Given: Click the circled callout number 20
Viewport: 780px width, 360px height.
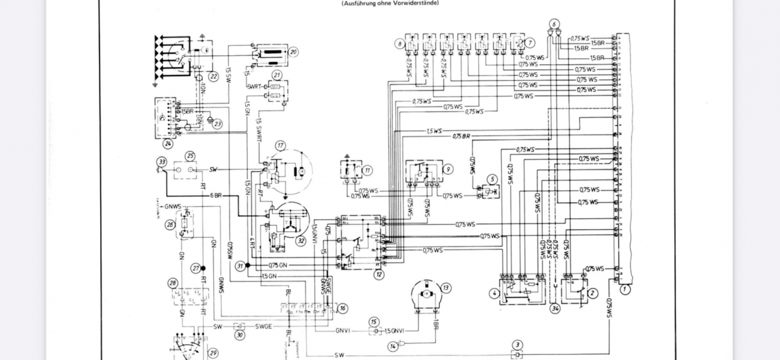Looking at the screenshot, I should (x=293, y=51).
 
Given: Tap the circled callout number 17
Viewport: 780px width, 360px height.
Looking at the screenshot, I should (x=280, y=144).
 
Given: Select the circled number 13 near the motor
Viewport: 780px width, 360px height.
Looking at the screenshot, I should (x=445, y=287).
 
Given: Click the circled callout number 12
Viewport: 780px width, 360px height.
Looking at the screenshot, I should (x=378, y=274).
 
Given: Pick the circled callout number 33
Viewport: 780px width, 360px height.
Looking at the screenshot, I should (x=161, y=161).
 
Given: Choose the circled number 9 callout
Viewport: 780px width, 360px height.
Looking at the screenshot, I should (x=448, y=170).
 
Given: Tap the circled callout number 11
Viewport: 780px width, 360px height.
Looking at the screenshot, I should (x=367, y=170).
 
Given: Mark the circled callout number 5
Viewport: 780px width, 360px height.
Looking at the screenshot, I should (x=492, y=179).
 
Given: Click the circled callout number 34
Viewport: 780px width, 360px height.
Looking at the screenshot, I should (x=554, y=308).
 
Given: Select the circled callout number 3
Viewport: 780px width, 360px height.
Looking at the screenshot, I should (x=517, y=344).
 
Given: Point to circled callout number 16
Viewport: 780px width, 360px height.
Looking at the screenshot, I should (x=343, y=308).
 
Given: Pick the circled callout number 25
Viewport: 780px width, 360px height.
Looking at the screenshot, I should (x=190, y=156).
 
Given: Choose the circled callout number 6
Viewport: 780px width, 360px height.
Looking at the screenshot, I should (x=554, y=25).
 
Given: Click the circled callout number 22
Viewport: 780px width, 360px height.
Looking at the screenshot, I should (x=213, y=77).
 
